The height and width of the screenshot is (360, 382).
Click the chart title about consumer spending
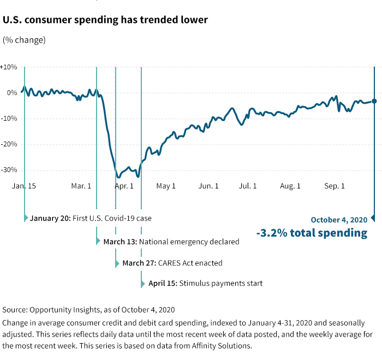[x=105, y=20]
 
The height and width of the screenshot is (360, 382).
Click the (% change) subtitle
[x=25, y=40]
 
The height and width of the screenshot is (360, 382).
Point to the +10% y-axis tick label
[x=9, y=67]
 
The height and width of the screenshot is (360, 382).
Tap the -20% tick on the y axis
[x=9, y=144]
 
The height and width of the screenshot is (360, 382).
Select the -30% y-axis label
[x=9, y=170]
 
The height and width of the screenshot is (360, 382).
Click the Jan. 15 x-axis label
[x=24, y=186]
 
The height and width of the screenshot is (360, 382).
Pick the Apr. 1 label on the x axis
[x=124, y=186]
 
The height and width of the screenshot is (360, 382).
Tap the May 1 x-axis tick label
[x=166, y=186]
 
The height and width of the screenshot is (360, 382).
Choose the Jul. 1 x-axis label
[x=248, y=186]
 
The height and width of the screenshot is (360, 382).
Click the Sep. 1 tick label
[x=335, y=186]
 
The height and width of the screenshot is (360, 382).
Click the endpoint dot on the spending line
[x=374, y=101]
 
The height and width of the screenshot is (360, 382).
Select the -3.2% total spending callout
[x=312, y=233]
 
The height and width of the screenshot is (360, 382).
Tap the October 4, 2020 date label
[x=339, y=220]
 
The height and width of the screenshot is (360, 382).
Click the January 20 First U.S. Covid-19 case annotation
[x=91, y=218]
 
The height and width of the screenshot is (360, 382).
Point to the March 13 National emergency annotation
[x=171, y=241]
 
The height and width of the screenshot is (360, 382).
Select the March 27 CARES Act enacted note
[x=172, y=263]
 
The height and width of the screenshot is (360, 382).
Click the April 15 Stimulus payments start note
[x=205, y=284]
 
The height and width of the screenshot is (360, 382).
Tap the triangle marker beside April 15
[x=142, y=284]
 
